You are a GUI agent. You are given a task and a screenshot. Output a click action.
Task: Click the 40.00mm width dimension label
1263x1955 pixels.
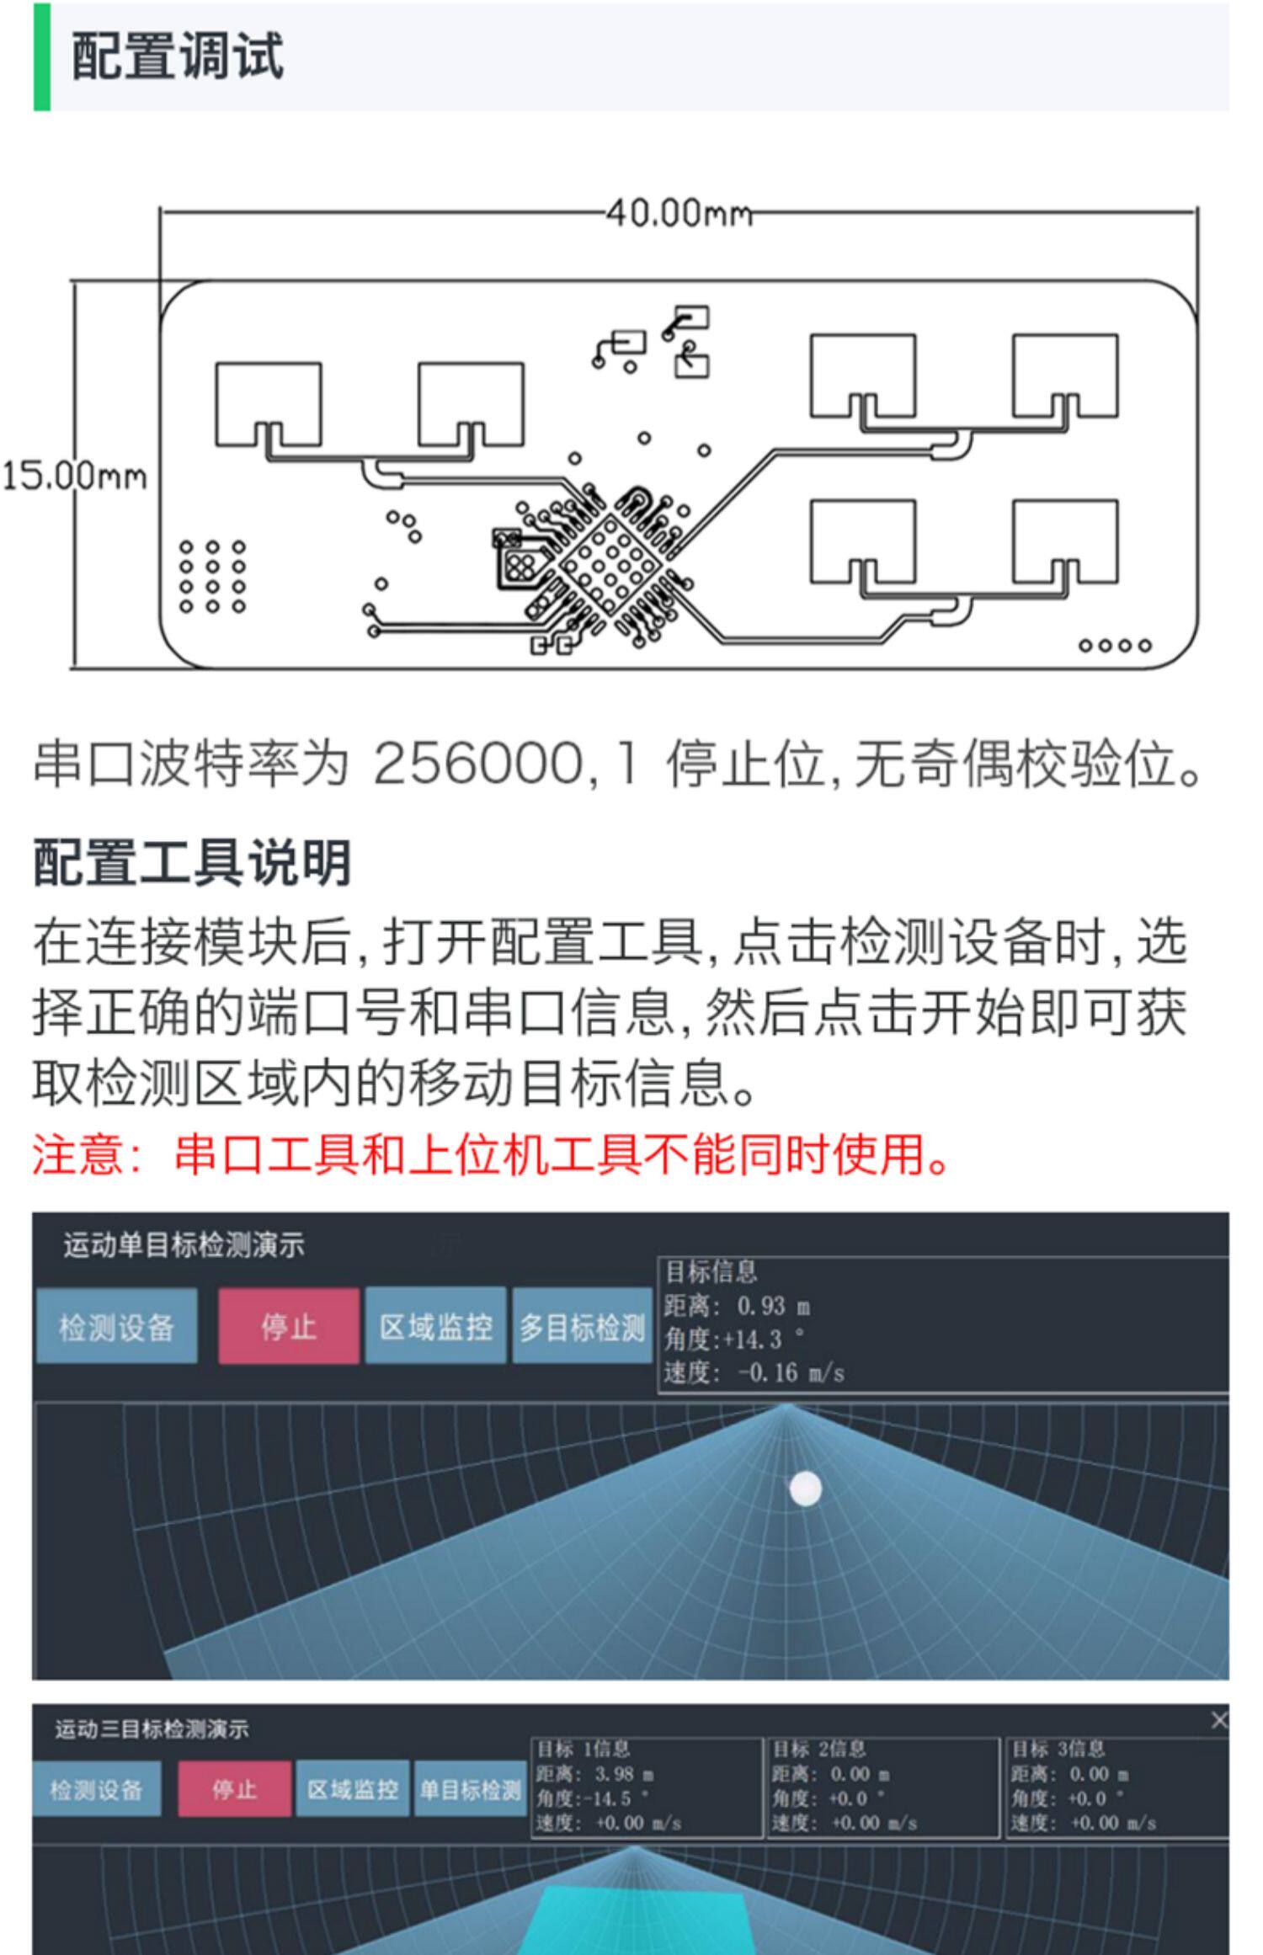[679, 213]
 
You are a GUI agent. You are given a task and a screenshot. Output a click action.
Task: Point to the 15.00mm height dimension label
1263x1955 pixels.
[74, 477]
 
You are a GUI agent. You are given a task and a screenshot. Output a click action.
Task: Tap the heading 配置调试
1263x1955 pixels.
[178, 57]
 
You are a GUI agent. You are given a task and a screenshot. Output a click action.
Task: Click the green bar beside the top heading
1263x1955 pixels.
[41, 57]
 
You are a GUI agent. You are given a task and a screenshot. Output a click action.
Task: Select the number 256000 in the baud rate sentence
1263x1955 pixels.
[477, 764]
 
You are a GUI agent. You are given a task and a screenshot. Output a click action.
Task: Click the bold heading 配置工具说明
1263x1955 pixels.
[192, 863]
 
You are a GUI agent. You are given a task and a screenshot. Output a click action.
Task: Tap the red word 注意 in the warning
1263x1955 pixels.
[77, 1154]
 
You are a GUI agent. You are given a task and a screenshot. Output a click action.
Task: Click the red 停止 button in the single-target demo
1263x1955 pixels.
[288, 1327]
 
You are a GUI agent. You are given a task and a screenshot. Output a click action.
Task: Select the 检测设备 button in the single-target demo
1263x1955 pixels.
[116, 1327]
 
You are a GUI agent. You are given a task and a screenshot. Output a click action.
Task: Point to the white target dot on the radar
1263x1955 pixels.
[805, 1488]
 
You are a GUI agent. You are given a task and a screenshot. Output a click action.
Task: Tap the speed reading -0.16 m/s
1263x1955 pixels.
[790, 1372]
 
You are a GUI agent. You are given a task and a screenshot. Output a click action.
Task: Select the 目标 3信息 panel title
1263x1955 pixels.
[1058, 1750]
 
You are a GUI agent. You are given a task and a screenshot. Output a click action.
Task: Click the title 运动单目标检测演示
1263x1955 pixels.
[184, 1245]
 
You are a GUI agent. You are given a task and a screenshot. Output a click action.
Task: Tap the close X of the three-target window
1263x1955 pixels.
[1218, 1721]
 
